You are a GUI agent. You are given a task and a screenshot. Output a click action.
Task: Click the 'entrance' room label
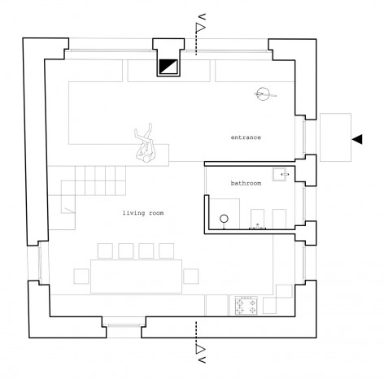pos(246,137)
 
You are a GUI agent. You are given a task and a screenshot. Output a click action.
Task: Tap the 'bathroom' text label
pos(246,183)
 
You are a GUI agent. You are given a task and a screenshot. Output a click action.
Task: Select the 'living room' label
pos(143,213)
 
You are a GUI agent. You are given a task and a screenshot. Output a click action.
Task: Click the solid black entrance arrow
pos(357,139)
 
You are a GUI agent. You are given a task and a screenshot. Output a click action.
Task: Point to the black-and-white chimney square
pos(168,67)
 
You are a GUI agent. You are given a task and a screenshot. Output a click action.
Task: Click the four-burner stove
pos(247,306)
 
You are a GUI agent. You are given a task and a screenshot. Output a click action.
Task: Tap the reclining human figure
pos(146,143)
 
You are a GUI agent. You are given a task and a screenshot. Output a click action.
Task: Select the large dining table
pos(136,277)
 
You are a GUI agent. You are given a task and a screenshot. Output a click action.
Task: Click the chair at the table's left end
pos(81,277)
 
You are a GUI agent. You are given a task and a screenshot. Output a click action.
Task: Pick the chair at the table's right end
pos(191,277)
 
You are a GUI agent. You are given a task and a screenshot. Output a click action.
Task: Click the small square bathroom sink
pos(279,175)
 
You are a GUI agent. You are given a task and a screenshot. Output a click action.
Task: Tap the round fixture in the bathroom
pos(225,219)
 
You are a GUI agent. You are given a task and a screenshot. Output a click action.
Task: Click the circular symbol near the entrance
pos(263,94)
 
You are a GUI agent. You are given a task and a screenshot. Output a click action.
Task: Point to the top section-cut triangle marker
pos(200,28)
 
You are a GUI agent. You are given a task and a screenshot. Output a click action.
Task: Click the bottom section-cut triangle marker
pos(200,349)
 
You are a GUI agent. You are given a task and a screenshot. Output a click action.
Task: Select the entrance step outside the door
pos(336,137)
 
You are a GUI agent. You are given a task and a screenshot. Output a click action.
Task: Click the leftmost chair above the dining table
pos(105,250)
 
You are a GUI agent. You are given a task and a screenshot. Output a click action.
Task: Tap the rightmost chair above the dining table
pos(167,250)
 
